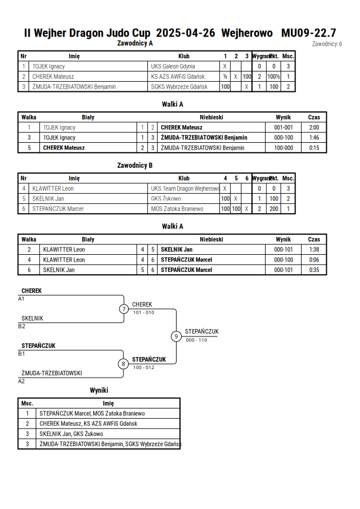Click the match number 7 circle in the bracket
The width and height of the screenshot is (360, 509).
coord(123,308)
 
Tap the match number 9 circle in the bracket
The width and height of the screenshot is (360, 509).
coord(176,336)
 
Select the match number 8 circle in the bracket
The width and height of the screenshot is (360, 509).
coord(123,364)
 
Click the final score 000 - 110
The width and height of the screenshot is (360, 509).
coord(197,340)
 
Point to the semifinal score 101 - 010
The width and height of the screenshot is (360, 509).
coord(143,312)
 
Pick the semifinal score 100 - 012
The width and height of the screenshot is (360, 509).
coord(143,367)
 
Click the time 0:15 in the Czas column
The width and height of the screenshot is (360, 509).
coord(314,148)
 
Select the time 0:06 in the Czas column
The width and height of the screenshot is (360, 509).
coord(314,260)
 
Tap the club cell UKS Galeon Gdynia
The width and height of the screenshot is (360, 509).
coord(173,66)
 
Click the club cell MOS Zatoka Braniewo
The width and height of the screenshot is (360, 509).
coord(177,209)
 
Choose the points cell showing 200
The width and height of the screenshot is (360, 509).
coord(274,209)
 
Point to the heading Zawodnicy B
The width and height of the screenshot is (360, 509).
coord(135,165)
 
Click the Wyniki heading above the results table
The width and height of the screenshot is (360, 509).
coord(99,390)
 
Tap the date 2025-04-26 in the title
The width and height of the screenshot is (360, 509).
coord(185,33)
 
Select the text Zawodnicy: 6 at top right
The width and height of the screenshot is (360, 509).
coord(327,44)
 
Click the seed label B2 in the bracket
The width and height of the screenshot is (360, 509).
coord(21,326)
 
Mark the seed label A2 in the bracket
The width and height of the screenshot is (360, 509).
coord(21,381)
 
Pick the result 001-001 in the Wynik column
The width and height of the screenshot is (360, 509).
coord(283,127)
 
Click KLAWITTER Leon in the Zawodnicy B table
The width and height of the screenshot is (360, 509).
coord(53,189)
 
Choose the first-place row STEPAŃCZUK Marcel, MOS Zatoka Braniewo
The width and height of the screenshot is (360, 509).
coord(92,414)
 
